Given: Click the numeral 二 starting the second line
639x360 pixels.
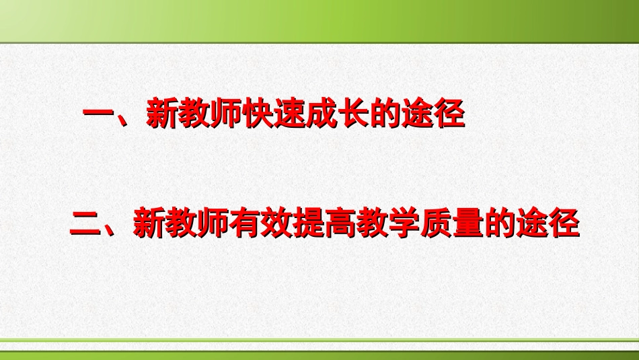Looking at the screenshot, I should coord(85,224).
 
